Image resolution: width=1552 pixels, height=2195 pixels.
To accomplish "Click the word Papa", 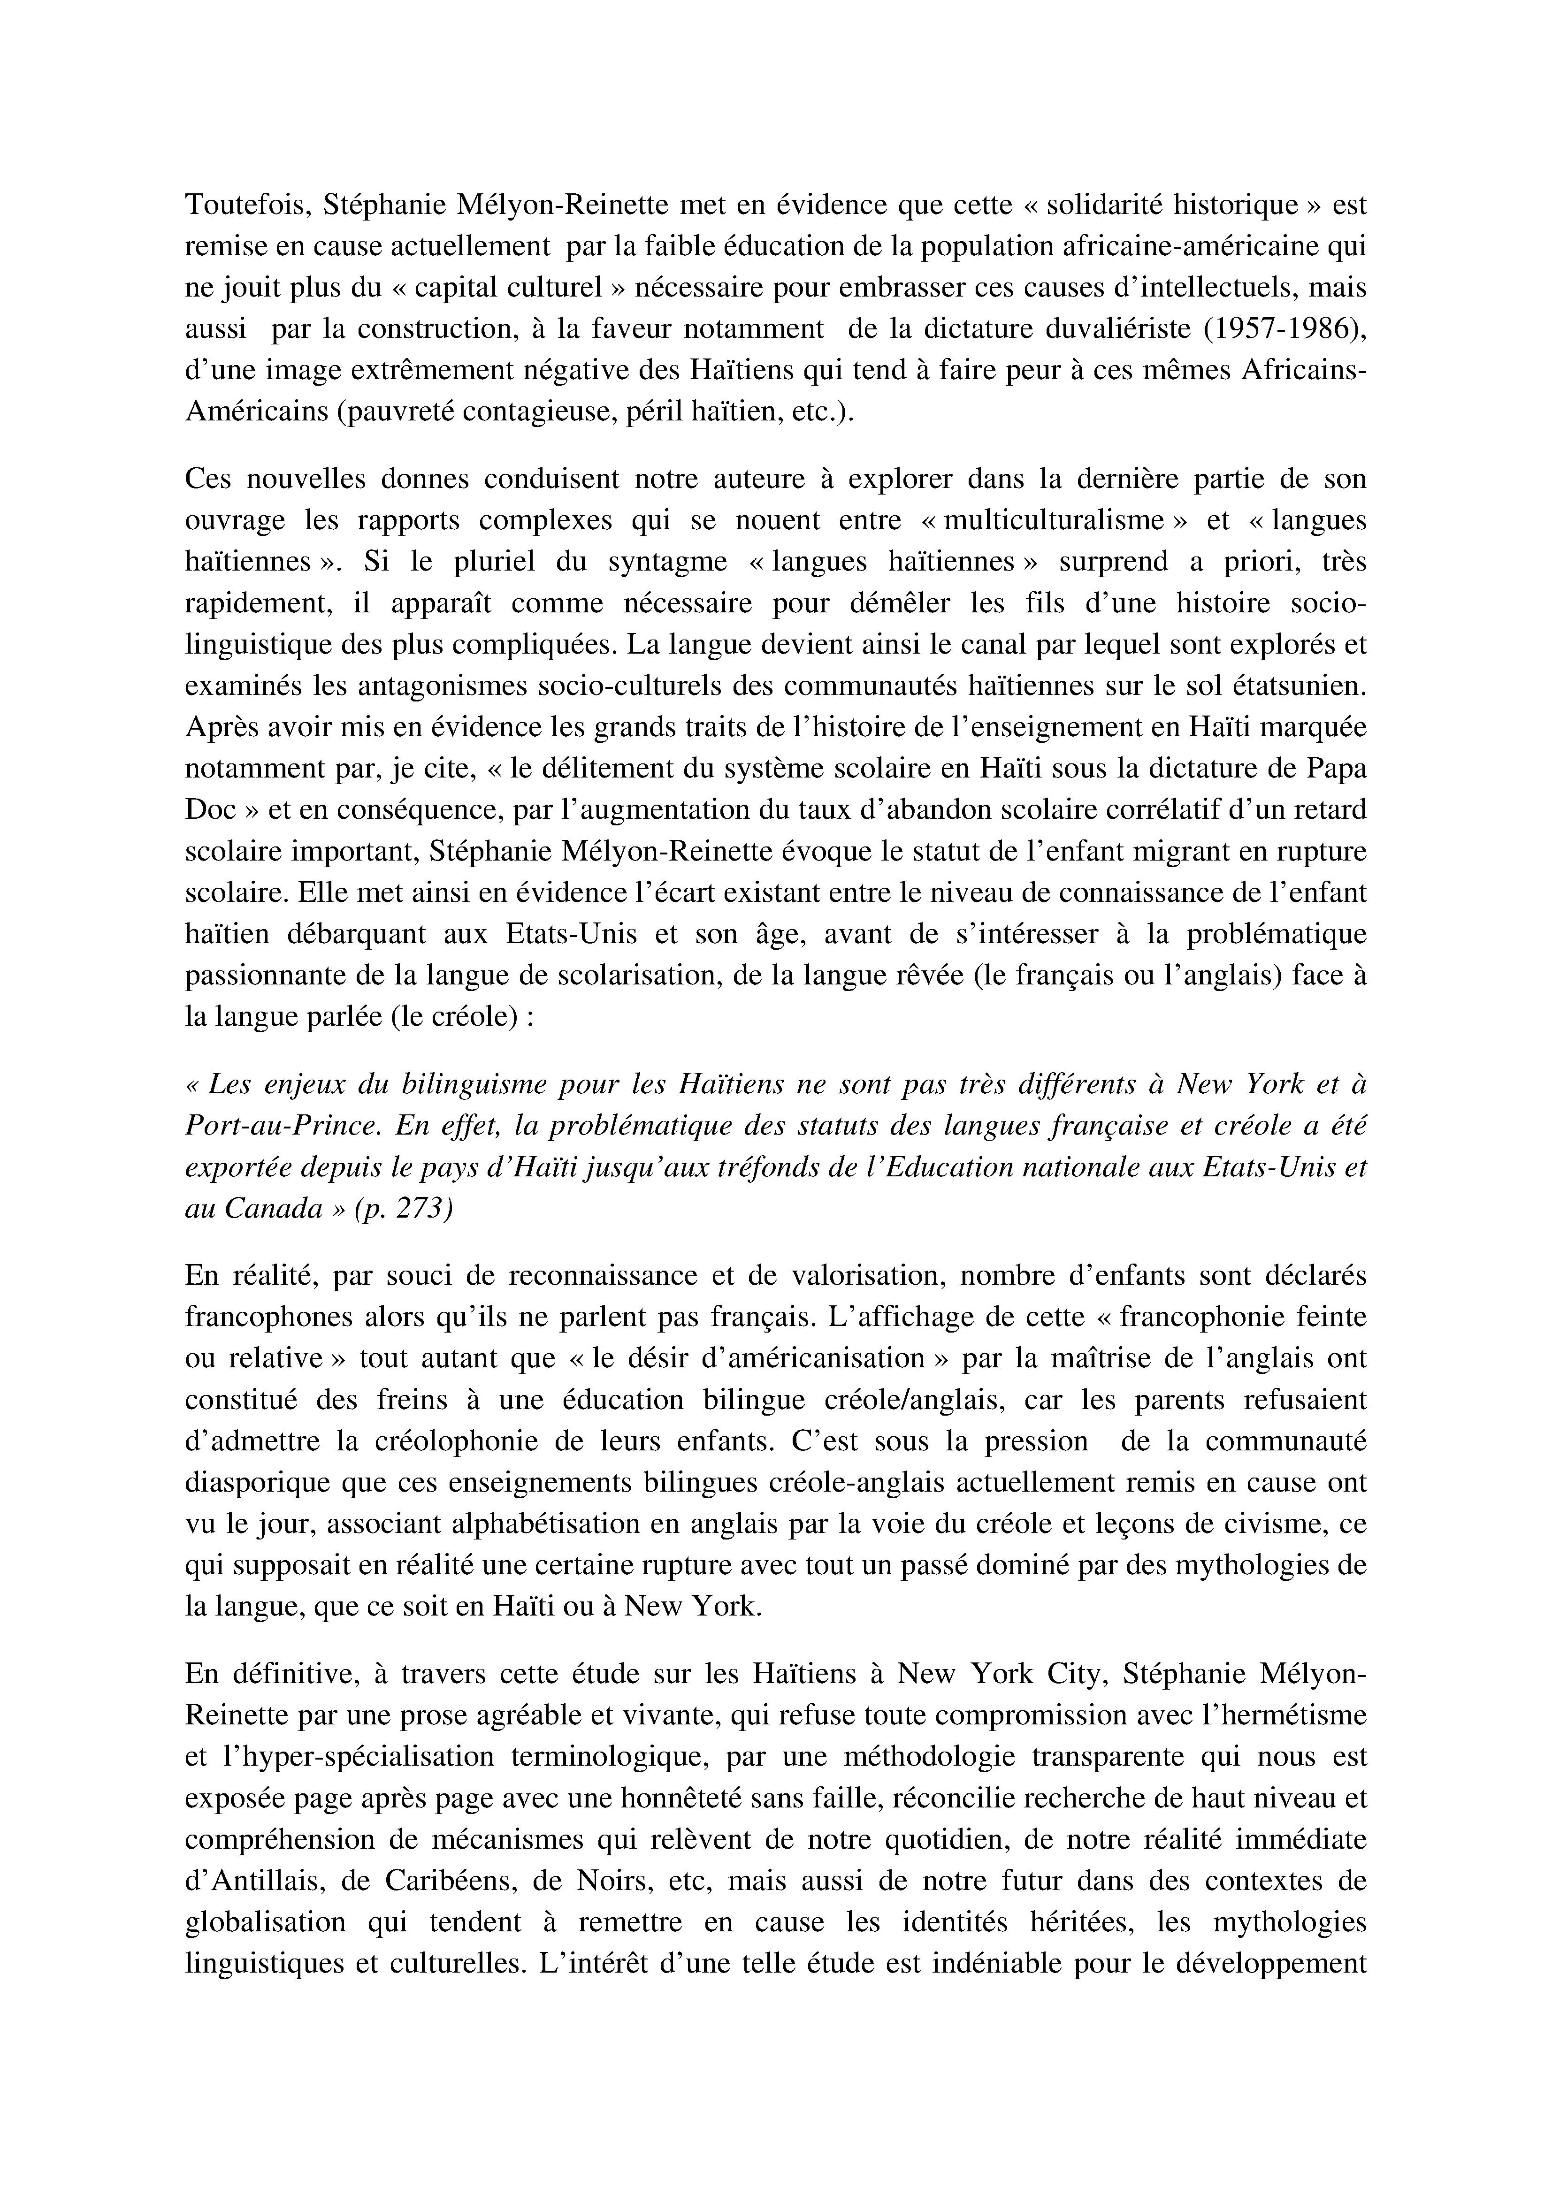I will click(1333, 769).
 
